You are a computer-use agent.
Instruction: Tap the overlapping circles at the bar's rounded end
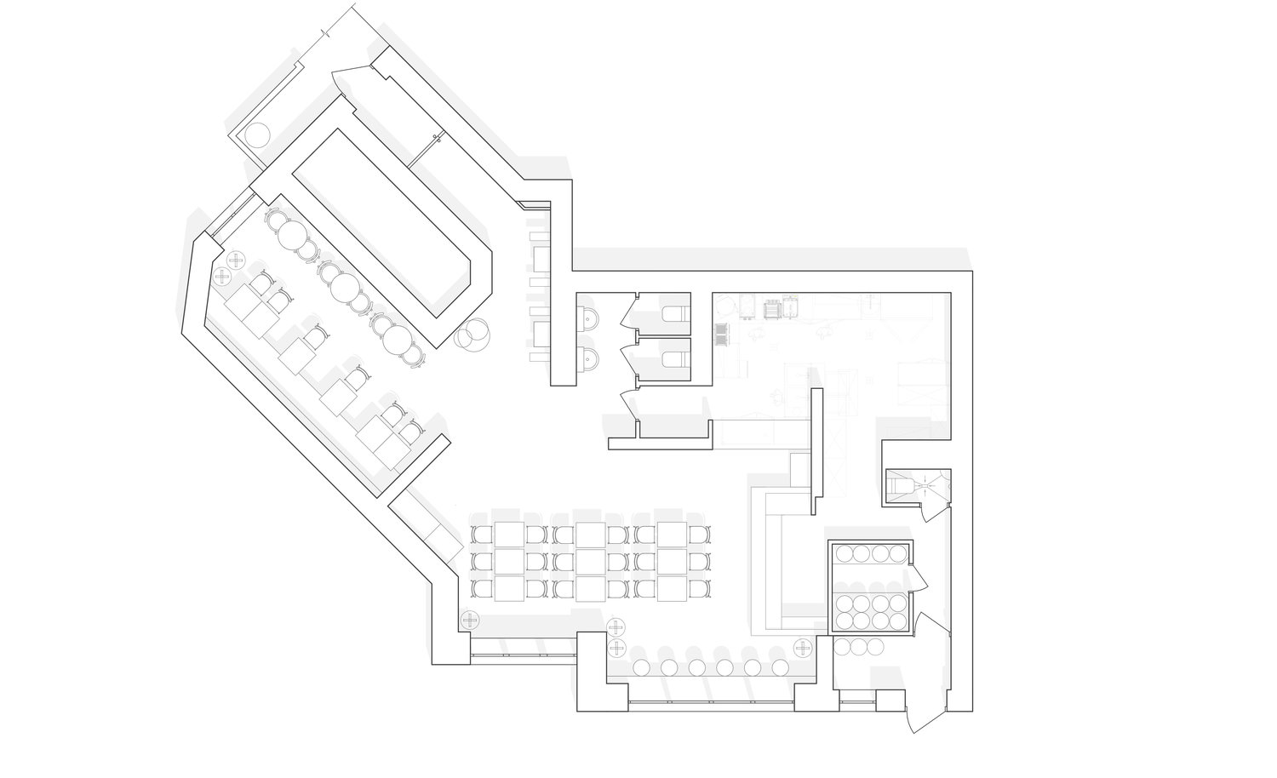pyautogui.click(x=472, y=334)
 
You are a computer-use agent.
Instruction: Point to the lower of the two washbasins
pyautogui.click(x=589, y=358)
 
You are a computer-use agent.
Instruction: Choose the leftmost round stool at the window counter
pyautogui.click(x=643, y=667)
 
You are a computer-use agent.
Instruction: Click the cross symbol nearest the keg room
pyautogui.click(x=802, y=649)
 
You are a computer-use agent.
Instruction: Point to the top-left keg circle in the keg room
pyautogui.click(x=845, y=554)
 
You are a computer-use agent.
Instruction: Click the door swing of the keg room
pyautogui.click(x=918, y=578)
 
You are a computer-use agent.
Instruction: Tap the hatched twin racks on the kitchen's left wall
pyautogui.click(x=721, y=335)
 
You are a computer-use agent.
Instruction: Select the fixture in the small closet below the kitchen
pyautogui.click(x=904, y=487)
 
